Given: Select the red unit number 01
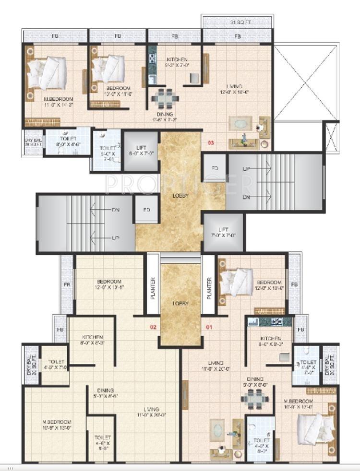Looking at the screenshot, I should (208, 328).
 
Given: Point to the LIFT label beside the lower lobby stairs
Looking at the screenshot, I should (223, 233).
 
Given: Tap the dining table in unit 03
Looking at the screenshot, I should (165, 97).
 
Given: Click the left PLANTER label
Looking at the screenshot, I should (153, 288).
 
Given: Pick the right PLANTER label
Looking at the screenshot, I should (209, 288).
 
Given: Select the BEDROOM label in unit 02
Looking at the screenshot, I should (109, 284).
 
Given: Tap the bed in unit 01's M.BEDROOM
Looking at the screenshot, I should (312, 426).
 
